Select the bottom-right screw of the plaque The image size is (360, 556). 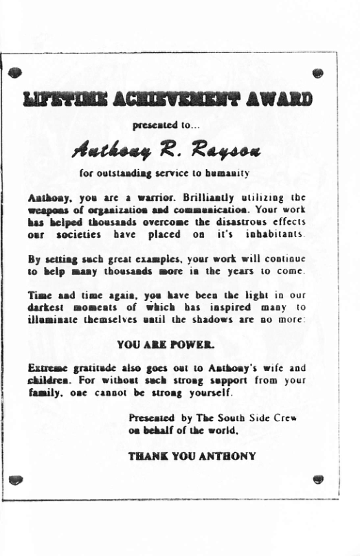click(x=318, y=478)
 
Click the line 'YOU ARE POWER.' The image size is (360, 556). click(x=165, y=342)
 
